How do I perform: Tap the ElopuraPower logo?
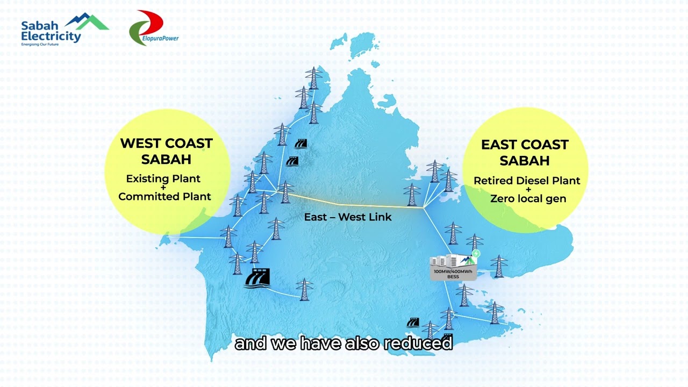tap(153, 28)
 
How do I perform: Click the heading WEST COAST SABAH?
tap(166, 151)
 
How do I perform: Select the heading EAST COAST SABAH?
tap(525, 152)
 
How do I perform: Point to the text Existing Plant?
tap(163, 178)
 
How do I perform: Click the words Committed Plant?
tap(164, 196)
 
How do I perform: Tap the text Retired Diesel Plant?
tap(527, 181)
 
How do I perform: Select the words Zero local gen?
tap(528, 198)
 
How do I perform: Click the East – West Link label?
tap(348, 217)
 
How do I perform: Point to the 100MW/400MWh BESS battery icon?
tap(454, 265)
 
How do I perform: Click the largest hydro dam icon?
tap(257, 278)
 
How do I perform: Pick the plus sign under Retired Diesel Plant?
tap(528, 189)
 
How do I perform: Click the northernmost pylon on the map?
tap(313, 78)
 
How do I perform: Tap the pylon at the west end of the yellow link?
tap(285, 192)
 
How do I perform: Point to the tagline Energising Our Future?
tap(40, 45)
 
